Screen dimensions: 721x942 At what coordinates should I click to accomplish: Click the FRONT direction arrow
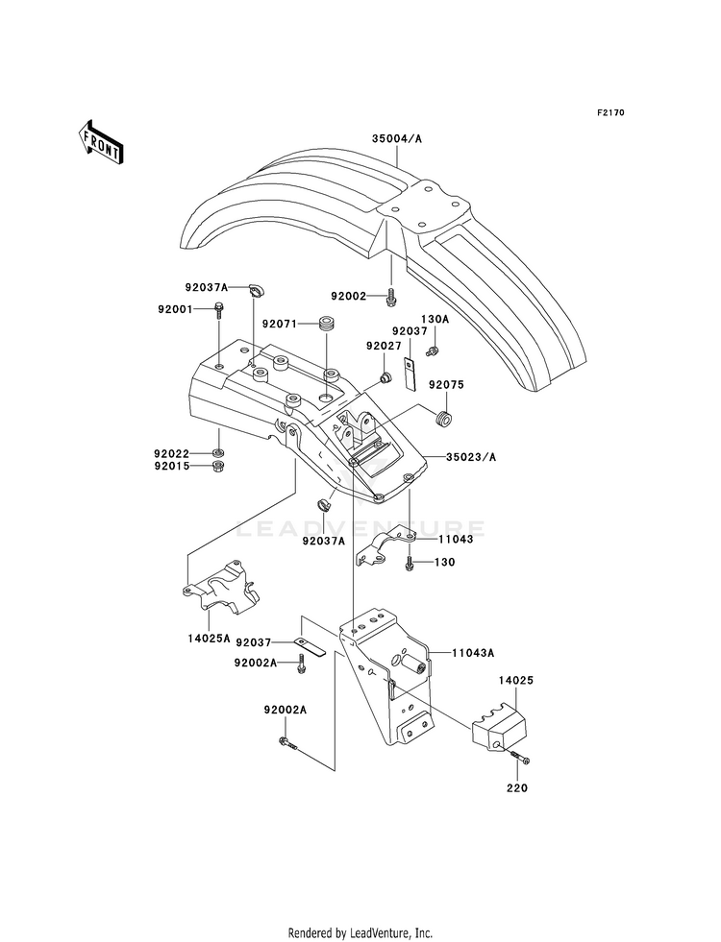[100, 142]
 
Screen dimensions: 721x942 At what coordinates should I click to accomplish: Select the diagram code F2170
[610, 112]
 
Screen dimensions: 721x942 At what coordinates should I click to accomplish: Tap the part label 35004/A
[397, 139]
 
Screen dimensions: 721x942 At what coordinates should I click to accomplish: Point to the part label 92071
[279, 324]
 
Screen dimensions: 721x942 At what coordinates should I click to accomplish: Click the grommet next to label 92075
[444, 418]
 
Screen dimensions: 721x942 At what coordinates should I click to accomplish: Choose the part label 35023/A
[471, 457]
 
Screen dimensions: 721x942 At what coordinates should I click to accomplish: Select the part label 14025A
[209, 638]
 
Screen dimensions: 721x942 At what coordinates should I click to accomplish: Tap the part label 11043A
[473, 652]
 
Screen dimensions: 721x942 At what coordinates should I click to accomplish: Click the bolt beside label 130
[410, 563]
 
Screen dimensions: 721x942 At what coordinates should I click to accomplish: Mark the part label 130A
[435, 320]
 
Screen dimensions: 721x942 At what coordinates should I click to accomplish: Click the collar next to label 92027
[385, 377]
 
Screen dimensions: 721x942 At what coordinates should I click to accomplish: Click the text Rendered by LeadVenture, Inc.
[360, 933]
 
